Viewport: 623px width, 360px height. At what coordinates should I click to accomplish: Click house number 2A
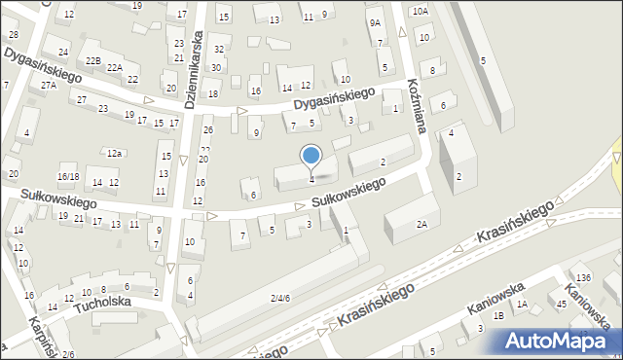click(x=421, y=224)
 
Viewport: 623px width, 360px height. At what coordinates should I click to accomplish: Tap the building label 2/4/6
click(x=280, y=297)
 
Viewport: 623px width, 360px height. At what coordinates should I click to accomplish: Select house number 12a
click(x=115, y=153)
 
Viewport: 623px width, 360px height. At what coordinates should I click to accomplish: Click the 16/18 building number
click(x=67, y=176)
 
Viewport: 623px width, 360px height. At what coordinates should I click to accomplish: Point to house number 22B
click(x=93, y=60)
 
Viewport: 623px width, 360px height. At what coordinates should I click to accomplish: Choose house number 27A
click(x=49, y=86)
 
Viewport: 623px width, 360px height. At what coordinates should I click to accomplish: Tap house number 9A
click(x=375, y=22)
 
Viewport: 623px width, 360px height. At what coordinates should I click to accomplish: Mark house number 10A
click(x=420, y=11)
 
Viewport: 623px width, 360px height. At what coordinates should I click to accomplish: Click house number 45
click(x=562, y=305)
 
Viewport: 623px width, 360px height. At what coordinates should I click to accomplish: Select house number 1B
click(x=498, y=315)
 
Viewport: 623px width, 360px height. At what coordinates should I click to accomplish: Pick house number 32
click(x=219, y=49)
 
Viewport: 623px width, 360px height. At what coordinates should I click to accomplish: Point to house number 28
click(x=13, y=35)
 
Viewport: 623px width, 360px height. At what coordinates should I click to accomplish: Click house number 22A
click(x=115, y=67)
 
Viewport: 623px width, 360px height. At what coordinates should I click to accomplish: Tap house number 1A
click(x=522, y=305)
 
